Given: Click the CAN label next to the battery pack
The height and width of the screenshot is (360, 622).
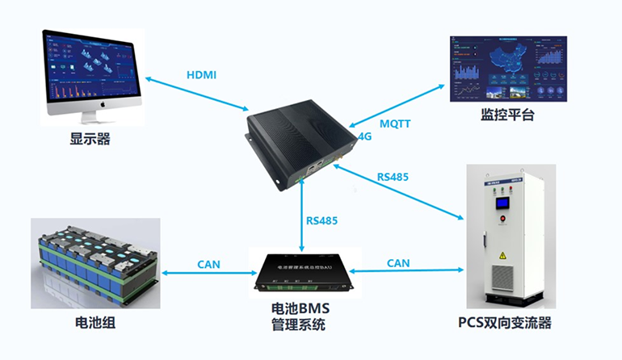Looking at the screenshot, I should click(208, 264).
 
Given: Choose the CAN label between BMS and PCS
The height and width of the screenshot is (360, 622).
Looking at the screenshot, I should click(398, 263).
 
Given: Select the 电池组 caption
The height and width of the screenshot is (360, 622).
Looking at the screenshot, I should click(95, 324).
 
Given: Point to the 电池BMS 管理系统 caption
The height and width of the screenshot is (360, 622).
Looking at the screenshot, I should click(300, 317).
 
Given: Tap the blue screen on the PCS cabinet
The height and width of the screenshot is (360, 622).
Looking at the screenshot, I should click(505, 201).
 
